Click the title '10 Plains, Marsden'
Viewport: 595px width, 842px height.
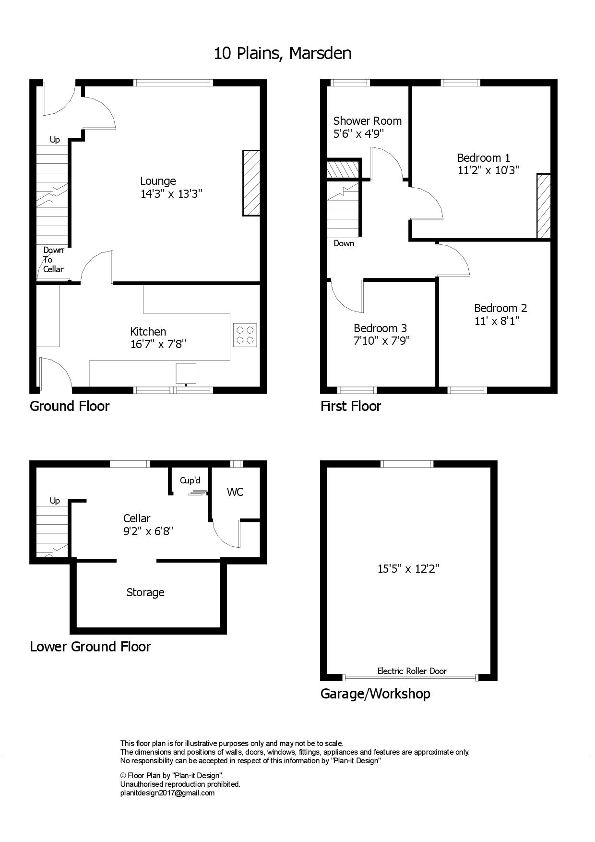(283, 53)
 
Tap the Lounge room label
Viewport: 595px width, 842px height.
(158, 181)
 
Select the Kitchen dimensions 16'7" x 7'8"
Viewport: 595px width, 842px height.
(158, 344)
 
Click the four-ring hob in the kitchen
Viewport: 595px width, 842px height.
(245, 335)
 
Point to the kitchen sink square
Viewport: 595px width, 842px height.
(186, 373)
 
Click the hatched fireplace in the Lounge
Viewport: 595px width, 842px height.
(251, 183)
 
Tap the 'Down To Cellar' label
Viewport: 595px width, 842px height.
(53, 260)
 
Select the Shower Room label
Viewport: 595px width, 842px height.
(368, 121)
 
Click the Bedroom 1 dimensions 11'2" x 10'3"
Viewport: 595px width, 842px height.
(488, 170)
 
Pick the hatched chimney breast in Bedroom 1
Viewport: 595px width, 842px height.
(544, 206)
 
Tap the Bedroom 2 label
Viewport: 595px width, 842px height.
(500, 308)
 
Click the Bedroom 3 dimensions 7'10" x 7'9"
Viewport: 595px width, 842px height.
(381, 341)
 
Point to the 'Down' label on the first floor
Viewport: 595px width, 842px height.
(344, 243)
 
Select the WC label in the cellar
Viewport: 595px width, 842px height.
(235, 492)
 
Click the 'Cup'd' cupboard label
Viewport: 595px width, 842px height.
(190, 481)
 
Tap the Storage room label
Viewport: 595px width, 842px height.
(145, 593)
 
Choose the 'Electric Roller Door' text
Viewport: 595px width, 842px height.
(412, 671)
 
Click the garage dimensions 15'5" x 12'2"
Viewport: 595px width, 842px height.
(409, 569)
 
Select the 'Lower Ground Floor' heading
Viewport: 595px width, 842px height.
(90, 647)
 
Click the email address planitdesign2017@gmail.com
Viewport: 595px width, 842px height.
(167, 793)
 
